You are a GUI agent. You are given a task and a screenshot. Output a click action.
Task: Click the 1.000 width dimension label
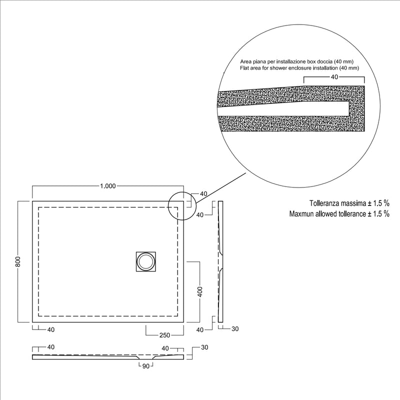pos(108,186)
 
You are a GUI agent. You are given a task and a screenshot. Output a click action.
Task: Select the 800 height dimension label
pos(18,261)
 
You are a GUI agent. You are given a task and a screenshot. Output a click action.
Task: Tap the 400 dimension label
pos(200,292)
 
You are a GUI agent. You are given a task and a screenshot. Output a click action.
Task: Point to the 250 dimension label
pos(164,335)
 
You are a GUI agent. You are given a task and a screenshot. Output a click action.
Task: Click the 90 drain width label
pos(145,366)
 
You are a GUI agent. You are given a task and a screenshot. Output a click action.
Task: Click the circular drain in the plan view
pos(145,261)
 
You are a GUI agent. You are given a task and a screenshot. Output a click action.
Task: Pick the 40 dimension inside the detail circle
pos(334,77)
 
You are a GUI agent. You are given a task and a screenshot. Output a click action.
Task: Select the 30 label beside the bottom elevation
pos(204,347)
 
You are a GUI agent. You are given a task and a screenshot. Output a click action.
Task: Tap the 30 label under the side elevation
pos(235,329)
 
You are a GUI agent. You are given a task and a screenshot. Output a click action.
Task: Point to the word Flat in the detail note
pos(244,68)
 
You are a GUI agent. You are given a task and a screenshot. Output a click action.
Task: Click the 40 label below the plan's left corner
pos(51,329)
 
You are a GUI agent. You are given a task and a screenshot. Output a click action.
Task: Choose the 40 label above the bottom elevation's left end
pos(51,347)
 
